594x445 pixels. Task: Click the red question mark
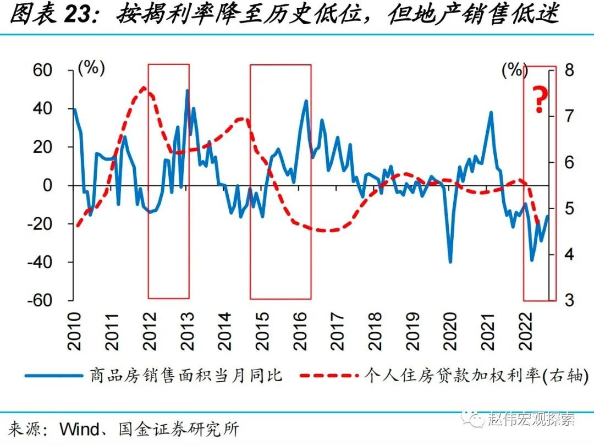click(540, 100)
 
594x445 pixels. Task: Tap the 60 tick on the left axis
click(43, 70)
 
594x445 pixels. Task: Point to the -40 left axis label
click(39, 262)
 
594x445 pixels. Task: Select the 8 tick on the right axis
click(569, 70)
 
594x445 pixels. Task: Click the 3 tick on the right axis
click(569, 300)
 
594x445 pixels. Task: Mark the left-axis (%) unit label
click(91, 68)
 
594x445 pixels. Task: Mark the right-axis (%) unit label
click(515, 70)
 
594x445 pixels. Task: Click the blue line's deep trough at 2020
click(450, 262)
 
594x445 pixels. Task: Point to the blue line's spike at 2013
click(187, 90)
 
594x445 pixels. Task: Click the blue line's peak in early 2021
click(490, 113)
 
